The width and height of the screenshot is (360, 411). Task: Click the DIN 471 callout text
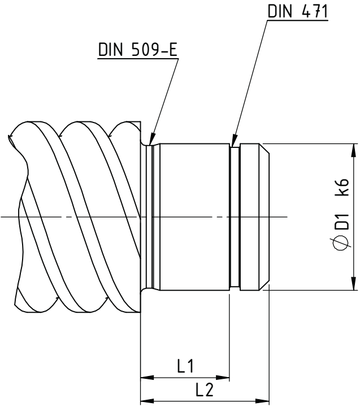297,11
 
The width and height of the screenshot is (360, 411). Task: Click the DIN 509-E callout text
138,49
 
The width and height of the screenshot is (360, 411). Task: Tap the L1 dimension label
185,366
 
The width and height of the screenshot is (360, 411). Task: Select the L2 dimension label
205,389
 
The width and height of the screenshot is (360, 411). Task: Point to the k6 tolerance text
342,187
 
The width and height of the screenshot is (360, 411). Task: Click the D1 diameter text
342,222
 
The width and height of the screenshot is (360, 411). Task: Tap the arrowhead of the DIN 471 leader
235,140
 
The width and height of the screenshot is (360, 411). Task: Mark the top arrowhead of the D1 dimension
354,150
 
